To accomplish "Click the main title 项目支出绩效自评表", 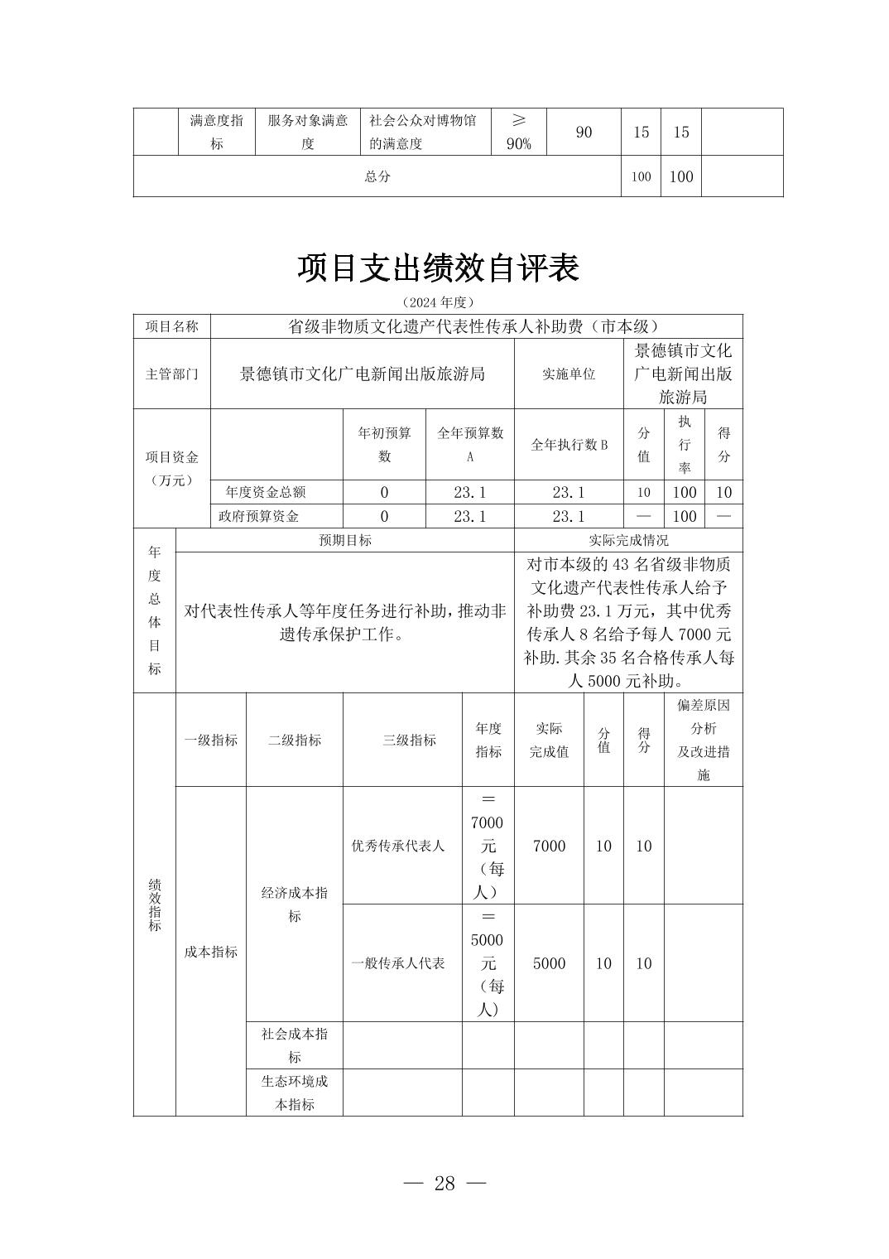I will click(x=438, y=268).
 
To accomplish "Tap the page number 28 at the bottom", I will click(x=444, y=1183).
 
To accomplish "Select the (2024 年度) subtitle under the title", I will click(x=438, y=302).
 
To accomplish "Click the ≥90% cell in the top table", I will click(x=518, y=132).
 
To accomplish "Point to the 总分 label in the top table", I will click(x=377, y=176).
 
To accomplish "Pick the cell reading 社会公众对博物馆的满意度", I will click(x=423, y=132).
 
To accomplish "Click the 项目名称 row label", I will click(x=172, y=326).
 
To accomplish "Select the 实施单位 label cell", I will click(x=569, y=374).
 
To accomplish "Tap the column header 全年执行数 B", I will click(x=569, y=445).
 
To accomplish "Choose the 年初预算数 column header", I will click(x=384, y=445).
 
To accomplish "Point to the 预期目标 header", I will click(x=345, y=540).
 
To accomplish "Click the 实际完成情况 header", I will click(x=628, y=540).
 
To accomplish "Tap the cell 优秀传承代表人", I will click(x=398, y=846).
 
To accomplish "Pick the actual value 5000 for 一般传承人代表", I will click(x=549, y=963).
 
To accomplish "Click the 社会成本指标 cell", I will click(x=295, y=1045).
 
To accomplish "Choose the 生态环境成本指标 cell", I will click(x=295, y=1093).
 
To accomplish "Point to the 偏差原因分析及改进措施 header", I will click(x=704, y=740).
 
